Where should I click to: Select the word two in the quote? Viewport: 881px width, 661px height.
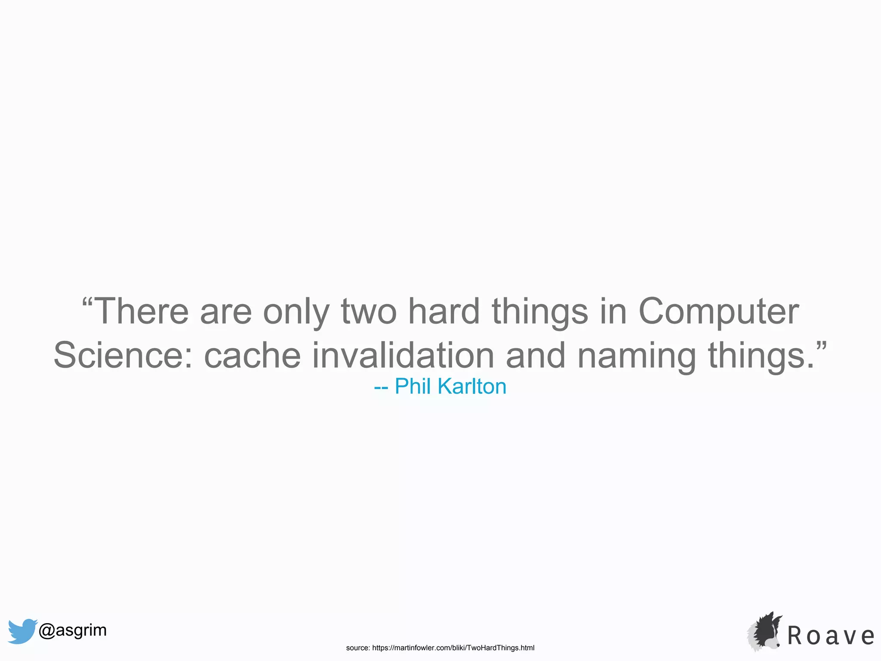369,312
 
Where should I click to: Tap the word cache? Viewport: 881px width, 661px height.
252,355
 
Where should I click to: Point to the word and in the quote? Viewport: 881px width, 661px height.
535,355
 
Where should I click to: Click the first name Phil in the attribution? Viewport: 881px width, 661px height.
413,386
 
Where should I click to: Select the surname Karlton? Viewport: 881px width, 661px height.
472,386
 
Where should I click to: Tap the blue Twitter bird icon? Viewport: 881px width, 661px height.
22,631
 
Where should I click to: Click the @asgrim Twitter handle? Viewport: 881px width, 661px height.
72,630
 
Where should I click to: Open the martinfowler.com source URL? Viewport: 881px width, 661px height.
453,648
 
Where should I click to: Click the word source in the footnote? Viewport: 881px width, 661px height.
357,648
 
